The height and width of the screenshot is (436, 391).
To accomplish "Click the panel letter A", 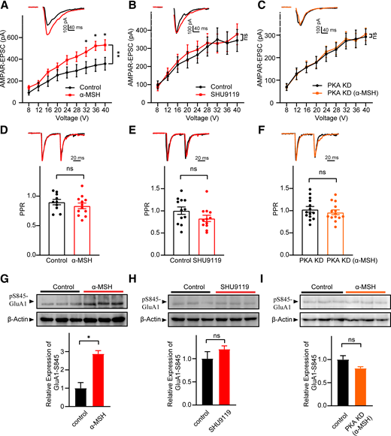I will coord(5,6).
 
